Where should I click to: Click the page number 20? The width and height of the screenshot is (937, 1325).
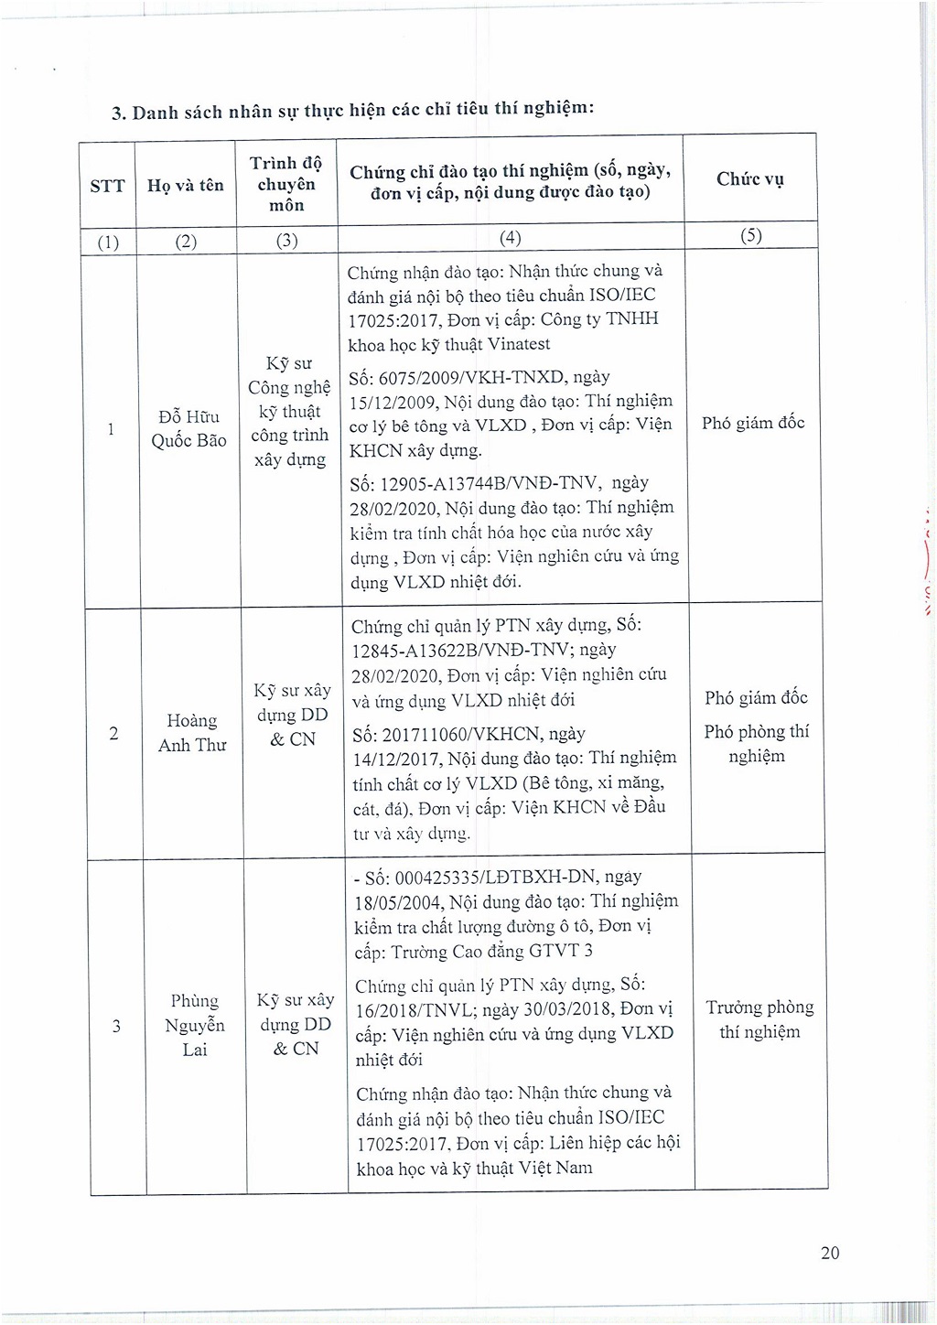[829, 1253]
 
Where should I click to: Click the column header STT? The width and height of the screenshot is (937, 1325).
[107, 186]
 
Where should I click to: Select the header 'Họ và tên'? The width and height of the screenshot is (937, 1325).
[186, 185]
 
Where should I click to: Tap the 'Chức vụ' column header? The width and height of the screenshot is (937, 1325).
[749, 178]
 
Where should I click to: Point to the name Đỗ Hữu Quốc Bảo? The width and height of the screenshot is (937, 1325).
[188, 428]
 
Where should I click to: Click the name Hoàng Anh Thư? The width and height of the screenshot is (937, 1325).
[192, 733]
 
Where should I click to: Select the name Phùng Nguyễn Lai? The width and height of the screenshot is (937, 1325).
[195, 1025]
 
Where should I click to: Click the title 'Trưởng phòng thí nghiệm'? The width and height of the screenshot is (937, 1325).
[759, 1019]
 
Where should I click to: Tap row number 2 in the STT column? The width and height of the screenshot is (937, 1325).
[113, 733]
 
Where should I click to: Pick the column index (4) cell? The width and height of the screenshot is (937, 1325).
[510, 237]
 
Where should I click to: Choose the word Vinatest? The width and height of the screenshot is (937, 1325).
[518, 344]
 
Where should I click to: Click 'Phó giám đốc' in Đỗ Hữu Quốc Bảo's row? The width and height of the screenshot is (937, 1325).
[753, 422]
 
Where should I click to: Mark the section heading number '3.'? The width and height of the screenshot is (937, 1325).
[118, 113]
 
